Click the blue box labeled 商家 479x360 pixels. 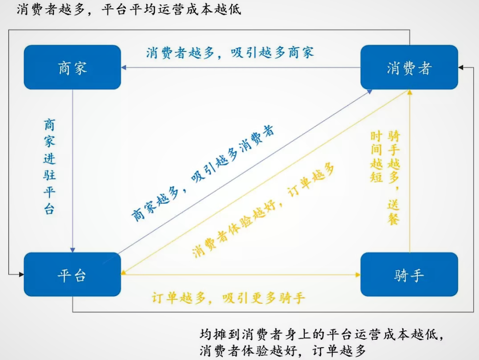pos(72,67)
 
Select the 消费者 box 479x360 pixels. pos(409,67)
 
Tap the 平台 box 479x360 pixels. pos(72,274)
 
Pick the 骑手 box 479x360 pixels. pos(409,274)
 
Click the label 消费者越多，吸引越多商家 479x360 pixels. pos(230,52)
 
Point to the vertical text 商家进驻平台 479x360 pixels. pos(50,167)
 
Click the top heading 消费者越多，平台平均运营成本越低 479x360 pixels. pos(129,10)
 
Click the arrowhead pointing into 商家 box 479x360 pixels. pos(124,68)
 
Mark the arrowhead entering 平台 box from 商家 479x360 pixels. pos(72,250)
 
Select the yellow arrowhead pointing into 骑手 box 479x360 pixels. pos(357,275)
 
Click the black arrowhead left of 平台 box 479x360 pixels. pos(20,275)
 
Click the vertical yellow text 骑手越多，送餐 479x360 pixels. pos(393,177)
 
